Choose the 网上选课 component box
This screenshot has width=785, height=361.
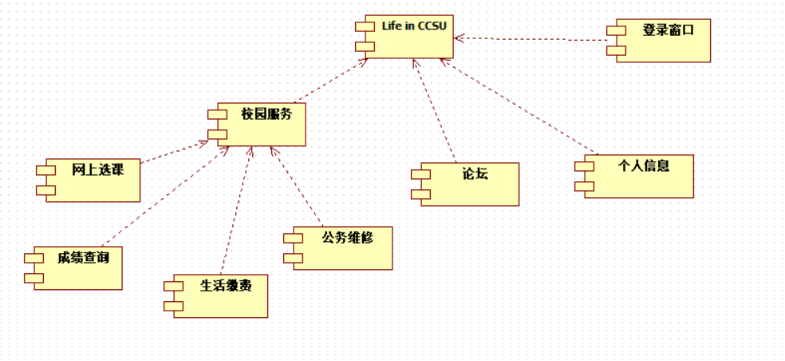pos(92,180)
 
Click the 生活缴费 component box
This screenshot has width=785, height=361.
pos(220,296)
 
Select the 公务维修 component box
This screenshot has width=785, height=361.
pos(341,248)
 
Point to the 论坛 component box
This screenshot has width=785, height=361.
pos(469,184)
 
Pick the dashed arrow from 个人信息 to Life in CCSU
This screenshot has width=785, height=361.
pos(519,105)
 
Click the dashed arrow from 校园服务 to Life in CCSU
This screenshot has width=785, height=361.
pos(331,81)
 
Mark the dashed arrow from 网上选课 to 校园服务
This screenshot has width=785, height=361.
pos(172,152)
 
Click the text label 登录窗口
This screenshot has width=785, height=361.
pos(668,30)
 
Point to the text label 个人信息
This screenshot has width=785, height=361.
pos(644,166)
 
